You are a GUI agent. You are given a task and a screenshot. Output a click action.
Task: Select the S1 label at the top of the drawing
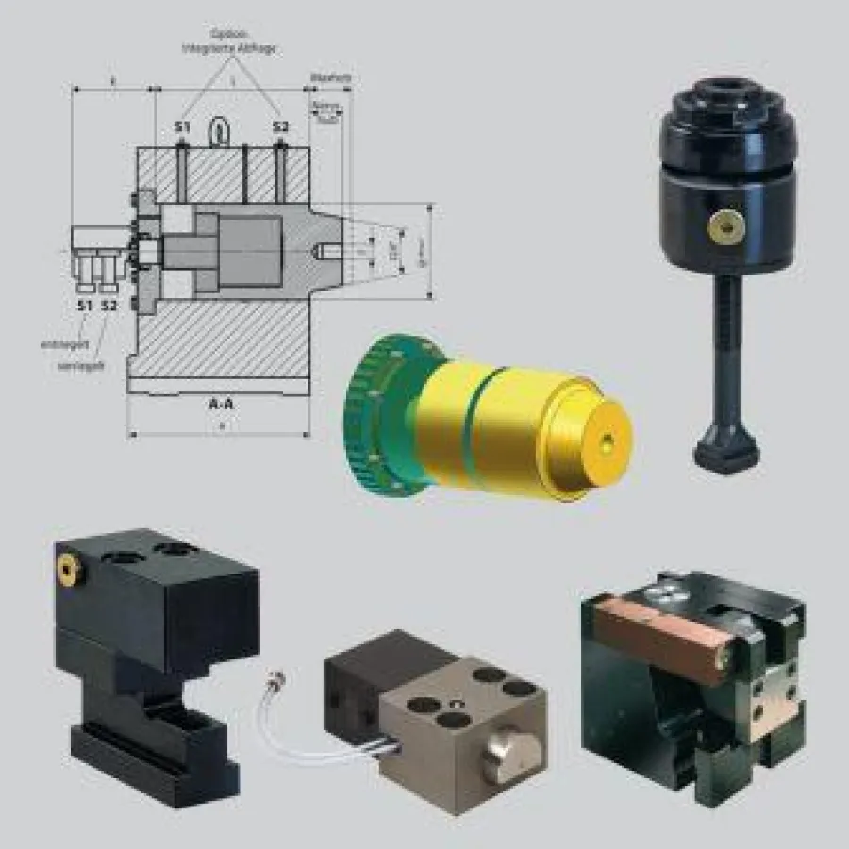pos(181,126)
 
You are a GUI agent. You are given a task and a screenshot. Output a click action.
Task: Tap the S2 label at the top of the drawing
pos(280,126)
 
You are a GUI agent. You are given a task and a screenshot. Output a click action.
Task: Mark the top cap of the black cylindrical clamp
pos(727,104)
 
